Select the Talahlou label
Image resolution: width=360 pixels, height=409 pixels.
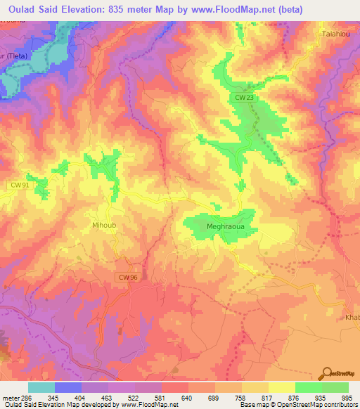pos(335,34)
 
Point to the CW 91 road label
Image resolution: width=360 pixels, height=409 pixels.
pos(19,184)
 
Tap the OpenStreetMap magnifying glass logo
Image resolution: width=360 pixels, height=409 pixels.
pos(326,372)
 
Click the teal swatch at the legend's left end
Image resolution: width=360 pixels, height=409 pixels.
pos(41,387)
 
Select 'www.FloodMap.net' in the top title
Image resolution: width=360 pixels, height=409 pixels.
pos(245,8)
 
